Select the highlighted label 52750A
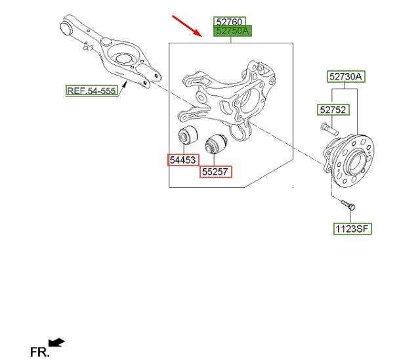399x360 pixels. (x=233, y=31)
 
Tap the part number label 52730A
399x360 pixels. (x=346, y=77)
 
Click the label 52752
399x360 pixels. (x=333, y=110)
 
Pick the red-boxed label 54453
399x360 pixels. (x=183, y=159)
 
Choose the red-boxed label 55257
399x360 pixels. (x=216, y=171)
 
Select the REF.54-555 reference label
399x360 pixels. (x=91, y=90)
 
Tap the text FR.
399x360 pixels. (x=39, y=352)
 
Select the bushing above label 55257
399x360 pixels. (x=215, y=143)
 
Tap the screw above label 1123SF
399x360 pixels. (x=348, y=206)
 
